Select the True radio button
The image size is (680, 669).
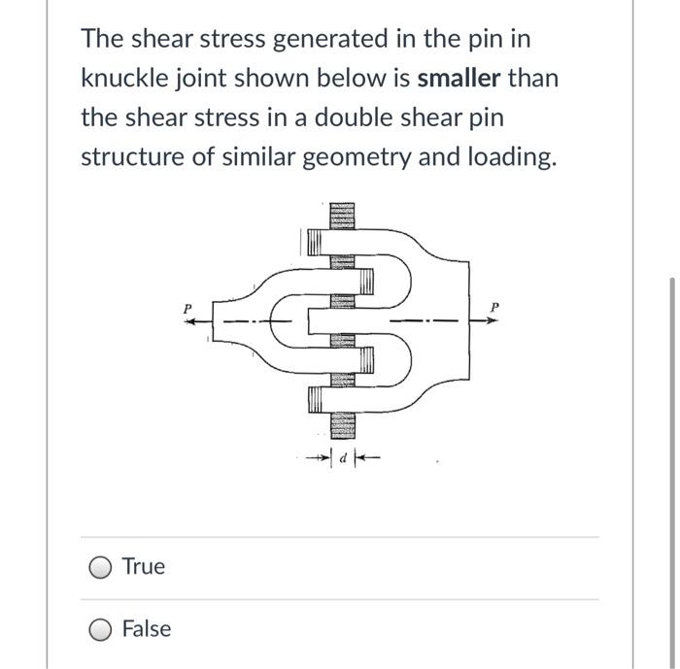[x=99, y=567]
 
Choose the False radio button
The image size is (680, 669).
[x=99, y=629]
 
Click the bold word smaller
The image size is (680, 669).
[x=459, y=78]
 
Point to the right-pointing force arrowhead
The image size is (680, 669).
[x=496, y=321]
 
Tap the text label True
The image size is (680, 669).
[x=144, y=567]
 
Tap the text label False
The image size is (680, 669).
[x=147, y=629]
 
